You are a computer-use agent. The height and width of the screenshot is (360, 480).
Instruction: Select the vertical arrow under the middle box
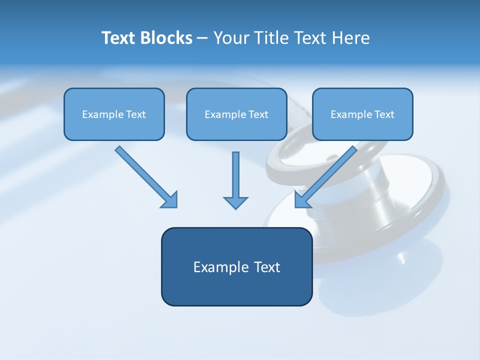click(235, 175)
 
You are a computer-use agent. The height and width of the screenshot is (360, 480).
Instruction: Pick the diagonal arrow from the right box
click(330, 172)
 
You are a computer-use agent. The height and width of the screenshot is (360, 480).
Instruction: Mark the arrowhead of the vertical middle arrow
click(235, 202)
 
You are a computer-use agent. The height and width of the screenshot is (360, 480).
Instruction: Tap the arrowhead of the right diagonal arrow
click(302, 199)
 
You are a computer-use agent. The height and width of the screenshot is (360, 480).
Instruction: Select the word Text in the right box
click(384, 114)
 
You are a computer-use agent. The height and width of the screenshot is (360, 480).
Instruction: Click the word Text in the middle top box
click(258, 114)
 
